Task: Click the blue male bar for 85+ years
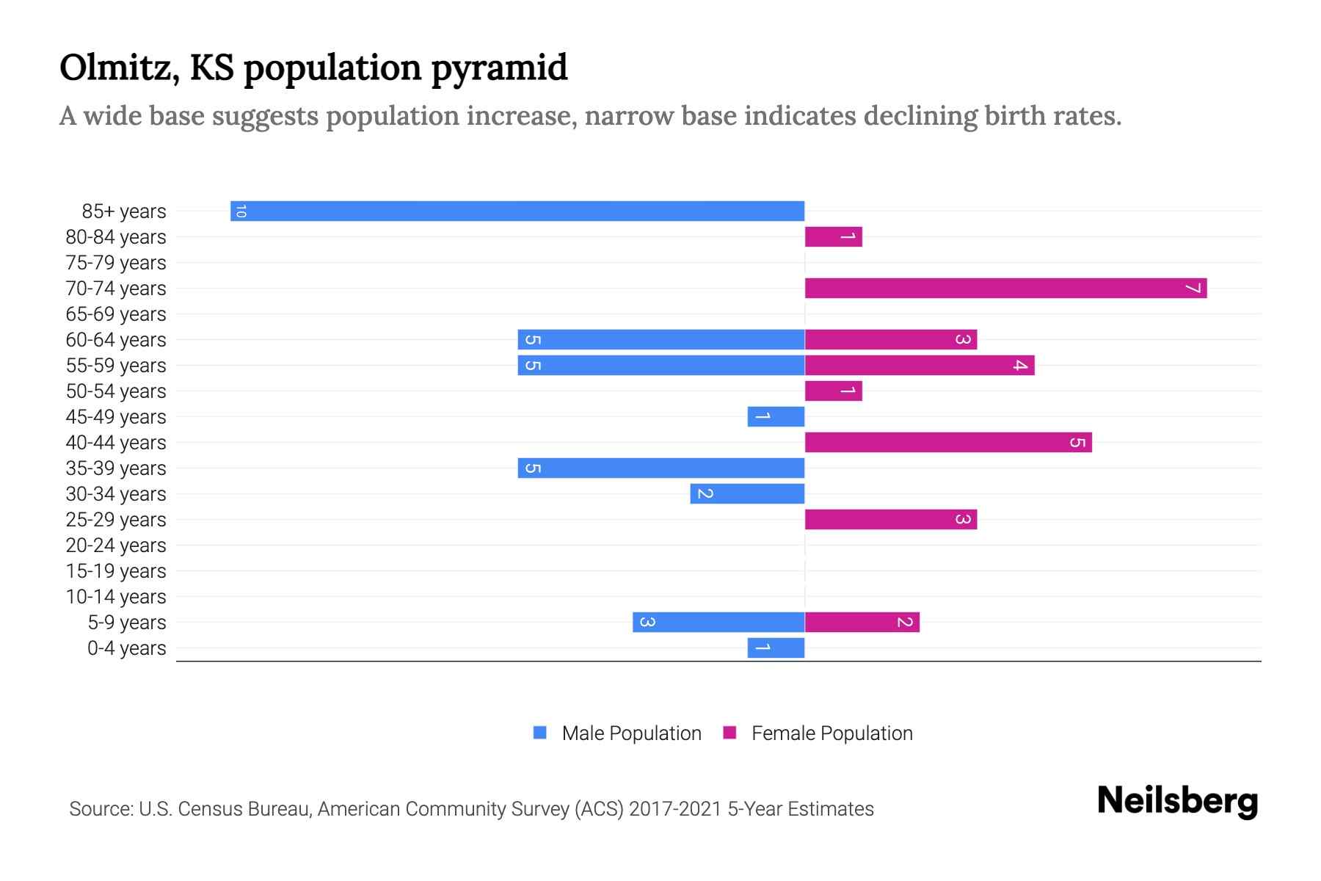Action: (517, 211)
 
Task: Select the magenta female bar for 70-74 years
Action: (1005, 288)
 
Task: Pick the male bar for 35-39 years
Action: (660, 468)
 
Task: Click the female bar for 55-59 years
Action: (920, 365)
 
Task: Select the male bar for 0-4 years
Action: (776, 648)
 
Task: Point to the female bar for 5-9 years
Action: (862, 622)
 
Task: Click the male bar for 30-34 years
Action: (747, 493)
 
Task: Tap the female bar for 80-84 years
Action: (833, 236)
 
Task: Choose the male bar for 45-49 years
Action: (776, 416)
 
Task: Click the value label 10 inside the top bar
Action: (241, 211)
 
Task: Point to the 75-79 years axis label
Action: (116, 263)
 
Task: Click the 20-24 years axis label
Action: (116, 545)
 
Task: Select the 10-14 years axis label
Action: (116, 597)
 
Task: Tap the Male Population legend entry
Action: (630, 733)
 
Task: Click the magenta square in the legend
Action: (729, 733)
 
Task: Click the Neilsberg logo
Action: (1177, 800)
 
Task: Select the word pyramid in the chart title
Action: (499, 68)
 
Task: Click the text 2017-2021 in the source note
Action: (675, 809)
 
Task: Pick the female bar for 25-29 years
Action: (890, 519)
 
